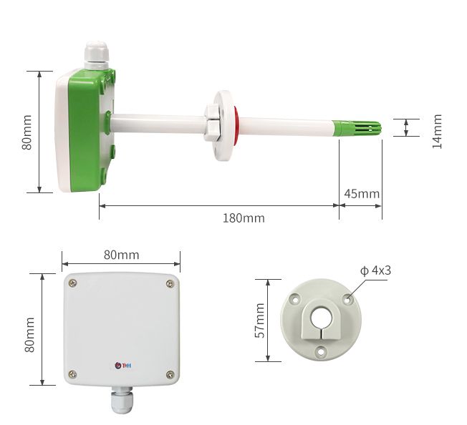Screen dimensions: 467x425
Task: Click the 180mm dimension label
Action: pyautogui.click(x=244, y=218)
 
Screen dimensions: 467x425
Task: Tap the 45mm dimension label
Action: pyautogui.click(x=362, y=194)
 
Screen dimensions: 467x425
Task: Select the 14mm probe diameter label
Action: pyautogui.click(x=437, y=132)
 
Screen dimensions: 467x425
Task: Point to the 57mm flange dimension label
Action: pyautogui.click(x=260, y=321)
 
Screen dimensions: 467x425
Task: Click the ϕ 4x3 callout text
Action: pyautogui.click(x=375, y=270)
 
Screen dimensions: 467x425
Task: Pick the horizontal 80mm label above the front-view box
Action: pyautogui.click(x=121, y=255)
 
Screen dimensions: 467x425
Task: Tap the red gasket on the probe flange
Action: pyautogui.click(x=236, y=126)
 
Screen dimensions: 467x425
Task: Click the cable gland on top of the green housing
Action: pyautogui.click(x=96, y=55)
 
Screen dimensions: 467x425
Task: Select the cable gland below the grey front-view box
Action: pyautogui.click(x=122, y=399)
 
